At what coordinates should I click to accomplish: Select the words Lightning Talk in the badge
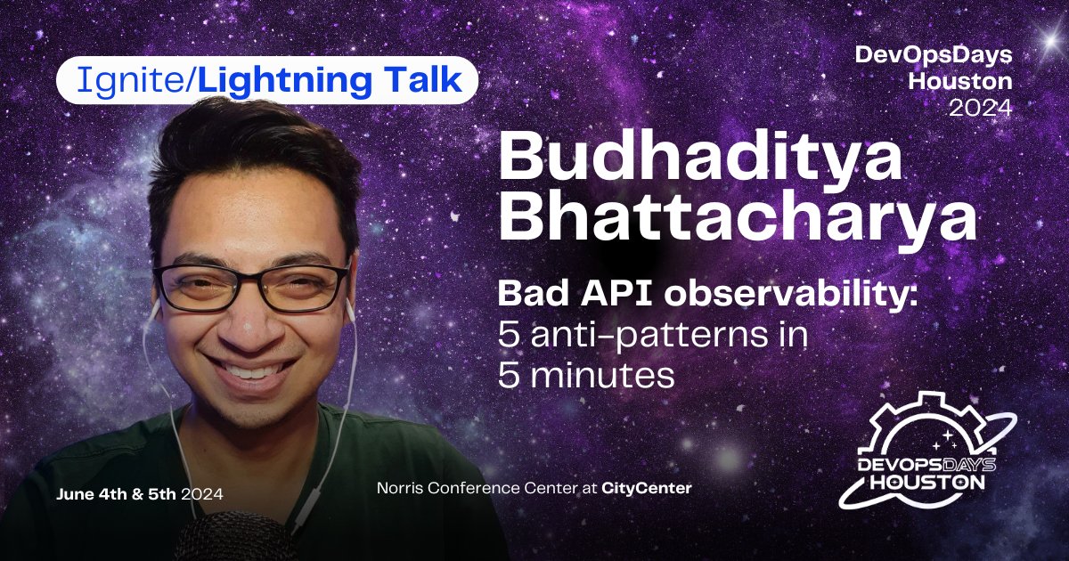coord(330,82)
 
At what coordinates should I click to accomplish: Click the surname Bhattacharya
coord(737,219)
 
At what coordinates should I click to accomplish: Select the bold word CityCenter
coord(646,488)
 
